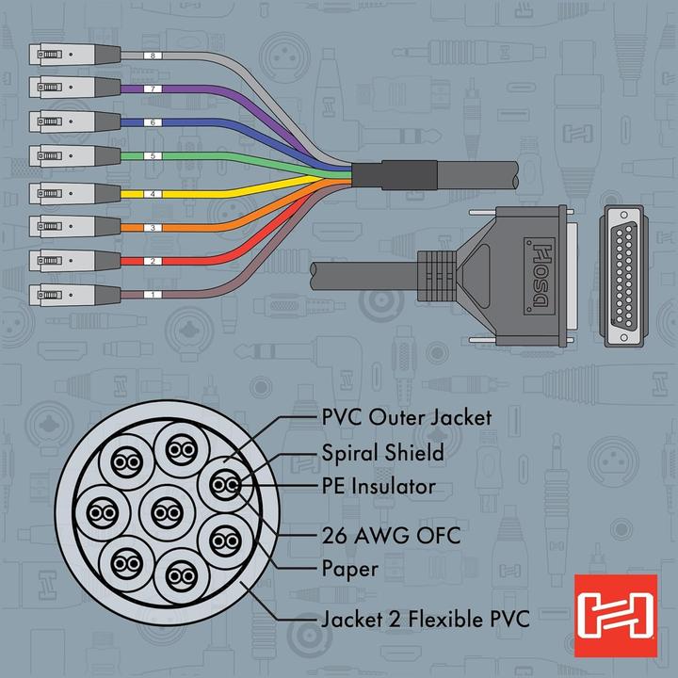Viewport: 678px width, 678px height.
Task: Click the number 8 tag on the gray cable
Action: pyautogui.click(x=154, y=56)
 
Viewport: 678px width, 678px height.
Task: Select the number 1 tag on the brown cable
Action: pyautogui.click(x=154, y=295)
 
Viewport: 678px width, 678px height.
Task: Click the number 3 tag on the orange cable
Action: pyautogui.click(x=154, y=228)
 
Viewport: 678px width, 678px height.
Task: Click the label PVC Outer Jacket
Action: pyautogui.click(x=405, y=416)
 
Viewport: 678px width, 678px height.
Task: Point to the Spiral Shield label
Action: pyautogui.click(x=382, y=453)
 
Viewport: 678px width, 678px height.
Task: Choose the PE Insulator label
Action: pyautogui.click(x=379, y=487)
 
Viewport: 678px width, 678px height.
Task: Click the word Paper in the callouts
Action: pyautogui.click(x=350, y=569)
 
